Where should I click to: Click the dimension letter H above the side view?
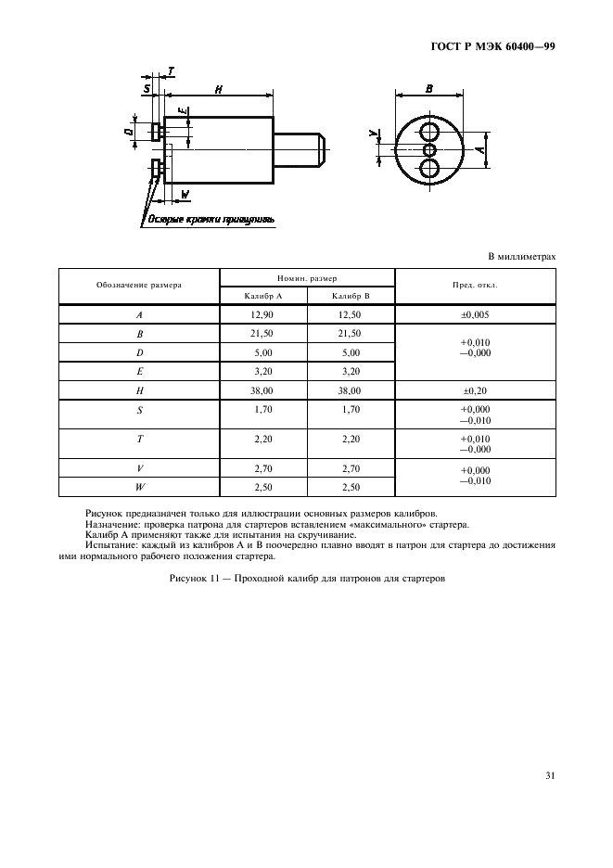click(x=218, y=89)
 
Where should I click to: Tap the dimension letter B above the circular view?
click(x=429, y=88)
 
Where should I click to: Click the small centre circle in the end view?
click(x=429, y=149)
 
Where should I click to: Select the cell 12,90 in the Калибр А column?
click(x=262, y=315)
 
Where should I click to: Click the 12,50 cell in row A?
click(x=351, y=315)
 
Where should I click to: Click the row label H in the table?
click(x=138, y=390)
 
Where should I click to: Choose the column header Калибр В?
click(x=351, y=295)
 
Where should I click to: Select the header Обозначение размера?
click(x=138, y=285)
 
